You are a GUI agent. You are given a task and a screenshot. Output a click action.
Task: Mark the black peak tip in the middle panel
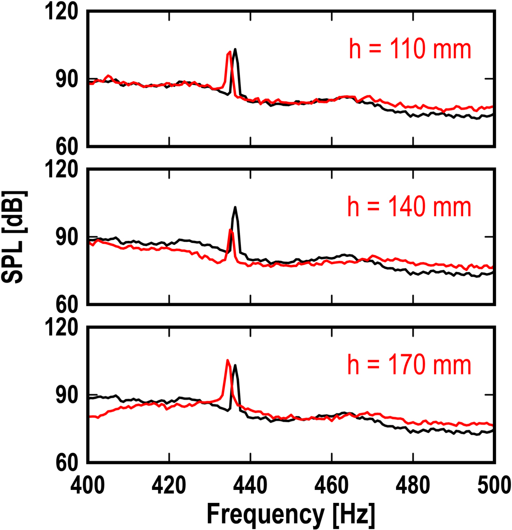point(234,207)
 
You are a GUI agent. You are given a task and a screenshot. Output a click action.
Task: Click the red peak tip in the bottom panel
point(227,360)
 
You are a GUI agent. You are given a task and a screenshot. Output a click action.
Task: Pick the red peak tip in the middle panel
point(230,229)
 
